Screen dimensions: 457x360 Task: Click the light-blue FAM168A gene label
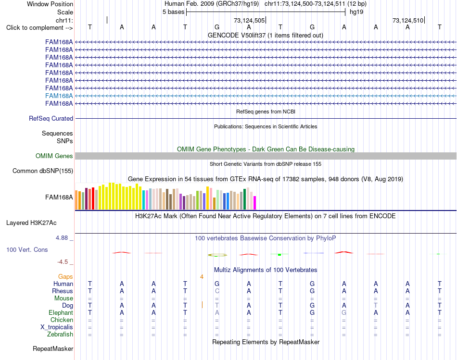point(59,96)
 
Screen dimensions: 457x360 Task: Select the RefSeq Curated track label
point(51,119)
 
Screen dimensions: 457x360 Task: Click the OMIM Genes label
point(54,156)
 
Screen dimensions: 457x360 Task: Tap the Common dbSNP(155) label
point(43,171)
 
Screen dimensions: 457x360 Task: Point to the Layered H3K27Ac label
point(31,223)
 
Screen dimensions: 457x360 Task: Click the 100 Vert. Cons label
point(27,249)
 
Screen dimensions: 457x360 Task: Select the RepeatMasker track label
point(53,348)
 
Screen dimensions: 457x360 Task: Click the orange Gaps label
point(65,276)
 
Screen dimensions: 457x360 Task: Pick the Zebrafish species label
point(60,334)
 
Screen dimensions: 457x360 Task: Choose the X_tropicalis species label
point(57,327)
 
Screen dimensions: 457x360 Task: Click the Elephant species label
point(61,312)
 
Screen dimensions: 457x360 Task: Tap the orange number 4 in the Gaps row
point(202,277)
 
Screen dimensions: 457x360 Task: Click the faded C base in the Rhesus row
point(217,291)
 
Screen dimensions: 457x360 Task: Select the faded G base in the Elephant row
point(344,312)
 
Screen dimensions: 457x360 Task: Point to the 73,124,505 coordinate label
point(249,20)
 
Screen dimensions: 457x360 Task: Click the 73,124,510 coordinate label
point(408,20)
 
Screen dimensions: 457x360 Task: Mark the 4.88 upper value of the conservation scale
point(62,238)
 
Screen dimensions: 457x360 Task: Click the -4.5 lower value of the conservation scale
point(63,262)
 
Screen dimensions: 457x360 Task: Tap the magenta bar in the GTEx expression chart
point(255,203)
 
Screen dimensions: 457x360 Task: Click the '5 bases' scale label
point(173,12)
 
